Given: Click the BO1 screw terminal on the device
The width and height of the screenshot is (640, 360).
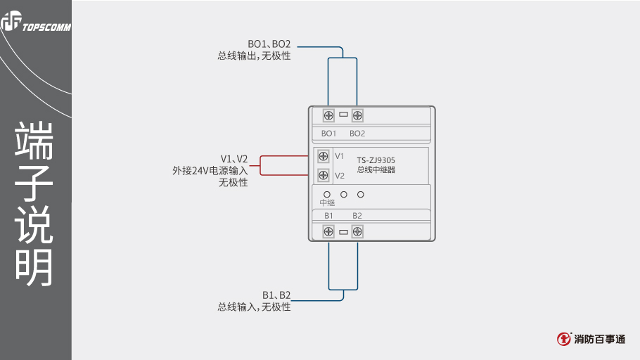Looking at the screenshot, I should point(328,115).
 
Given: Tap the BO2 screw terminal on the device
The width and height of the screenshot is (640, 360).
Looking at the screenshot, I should point(357,115).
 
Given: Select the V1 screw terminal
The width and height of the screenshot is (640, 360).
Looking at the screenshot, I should point(324,156).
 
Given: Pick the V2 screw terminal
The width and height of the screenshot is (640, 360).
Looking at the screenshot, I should point(324,175).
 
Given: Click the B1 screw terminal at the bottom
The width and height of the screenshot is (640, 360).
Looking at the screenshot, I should point(328,231).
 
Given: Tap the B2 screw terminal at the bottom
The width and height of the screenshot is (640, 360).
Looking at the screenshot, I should point(357,231).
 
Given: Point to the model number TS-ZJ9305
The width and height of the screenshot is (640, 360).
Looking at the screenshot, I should point(376,160).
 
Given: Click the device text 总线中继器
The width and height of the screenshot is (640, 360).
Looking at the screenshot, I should point(376,169).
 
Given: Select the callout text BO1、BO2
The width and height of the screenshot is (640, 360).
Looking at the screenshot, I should point(269,44).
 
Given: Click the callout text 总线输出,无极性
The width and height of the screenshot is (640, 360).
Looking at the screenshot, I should point(254,56).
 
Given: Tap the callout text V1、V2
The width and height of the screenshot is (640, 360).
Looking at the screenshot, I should point(234,158).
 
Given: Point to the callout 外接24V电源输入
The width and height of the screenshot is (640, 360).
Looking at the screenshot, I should point(210,170).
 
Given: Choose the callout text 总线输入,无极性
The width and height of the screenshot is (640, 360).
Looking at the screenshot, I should point(254,307).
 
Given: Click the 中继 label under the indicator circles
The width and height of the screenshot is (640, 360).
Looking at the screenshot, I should point(327,202).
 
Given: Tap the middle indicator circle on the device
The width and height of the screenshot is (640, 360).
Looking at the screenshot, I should point(344,193).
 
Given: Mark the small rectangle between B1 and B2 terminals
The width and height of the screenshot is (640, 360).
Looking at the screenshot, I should point(343,231).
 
